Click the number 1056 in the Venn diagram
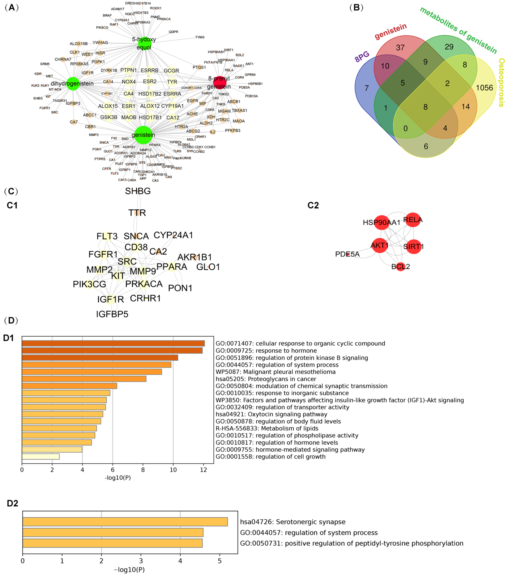[484, 88]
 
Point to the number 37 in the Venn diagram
[400, 48]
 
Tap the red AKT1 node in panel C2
[379, 245]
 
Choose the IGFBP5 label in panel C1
[112, 314]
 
